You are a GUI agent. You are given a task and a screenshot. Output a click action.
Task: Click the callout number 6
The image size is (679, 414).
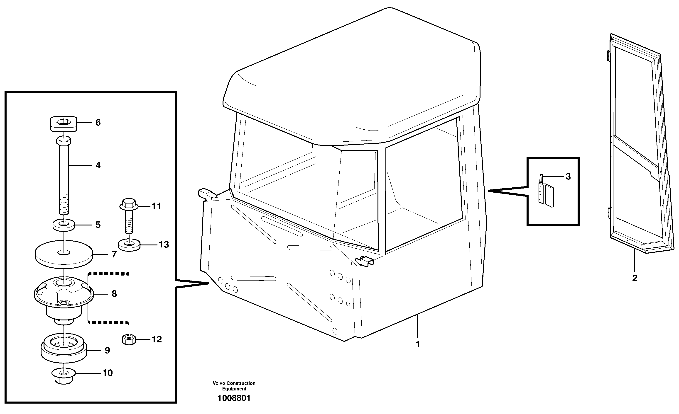(98, 123)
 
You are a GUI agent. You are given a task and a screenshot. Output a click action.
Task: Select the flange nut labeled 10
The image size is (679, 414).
(64, 376)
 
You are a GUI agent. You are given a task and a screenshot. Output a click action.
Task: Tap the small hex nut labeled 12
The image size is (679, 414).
(129, 339)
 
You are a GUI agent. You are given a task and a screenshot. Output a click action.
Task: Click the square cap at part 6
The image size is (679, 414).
(64, 123)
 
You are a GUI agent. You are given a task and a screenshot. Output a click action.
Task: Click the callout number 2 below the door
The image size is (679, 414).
(635, 278)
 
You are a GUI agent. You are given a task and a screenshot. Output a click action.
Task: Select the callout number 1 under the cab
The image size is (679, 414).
(417, 344)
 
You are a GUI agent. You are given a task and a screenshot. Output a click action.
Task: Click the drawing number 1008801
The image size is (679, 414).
(234, 398)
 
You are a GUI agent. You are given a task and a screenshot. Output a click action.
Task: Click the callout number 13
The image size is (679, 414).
(164, 245)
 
